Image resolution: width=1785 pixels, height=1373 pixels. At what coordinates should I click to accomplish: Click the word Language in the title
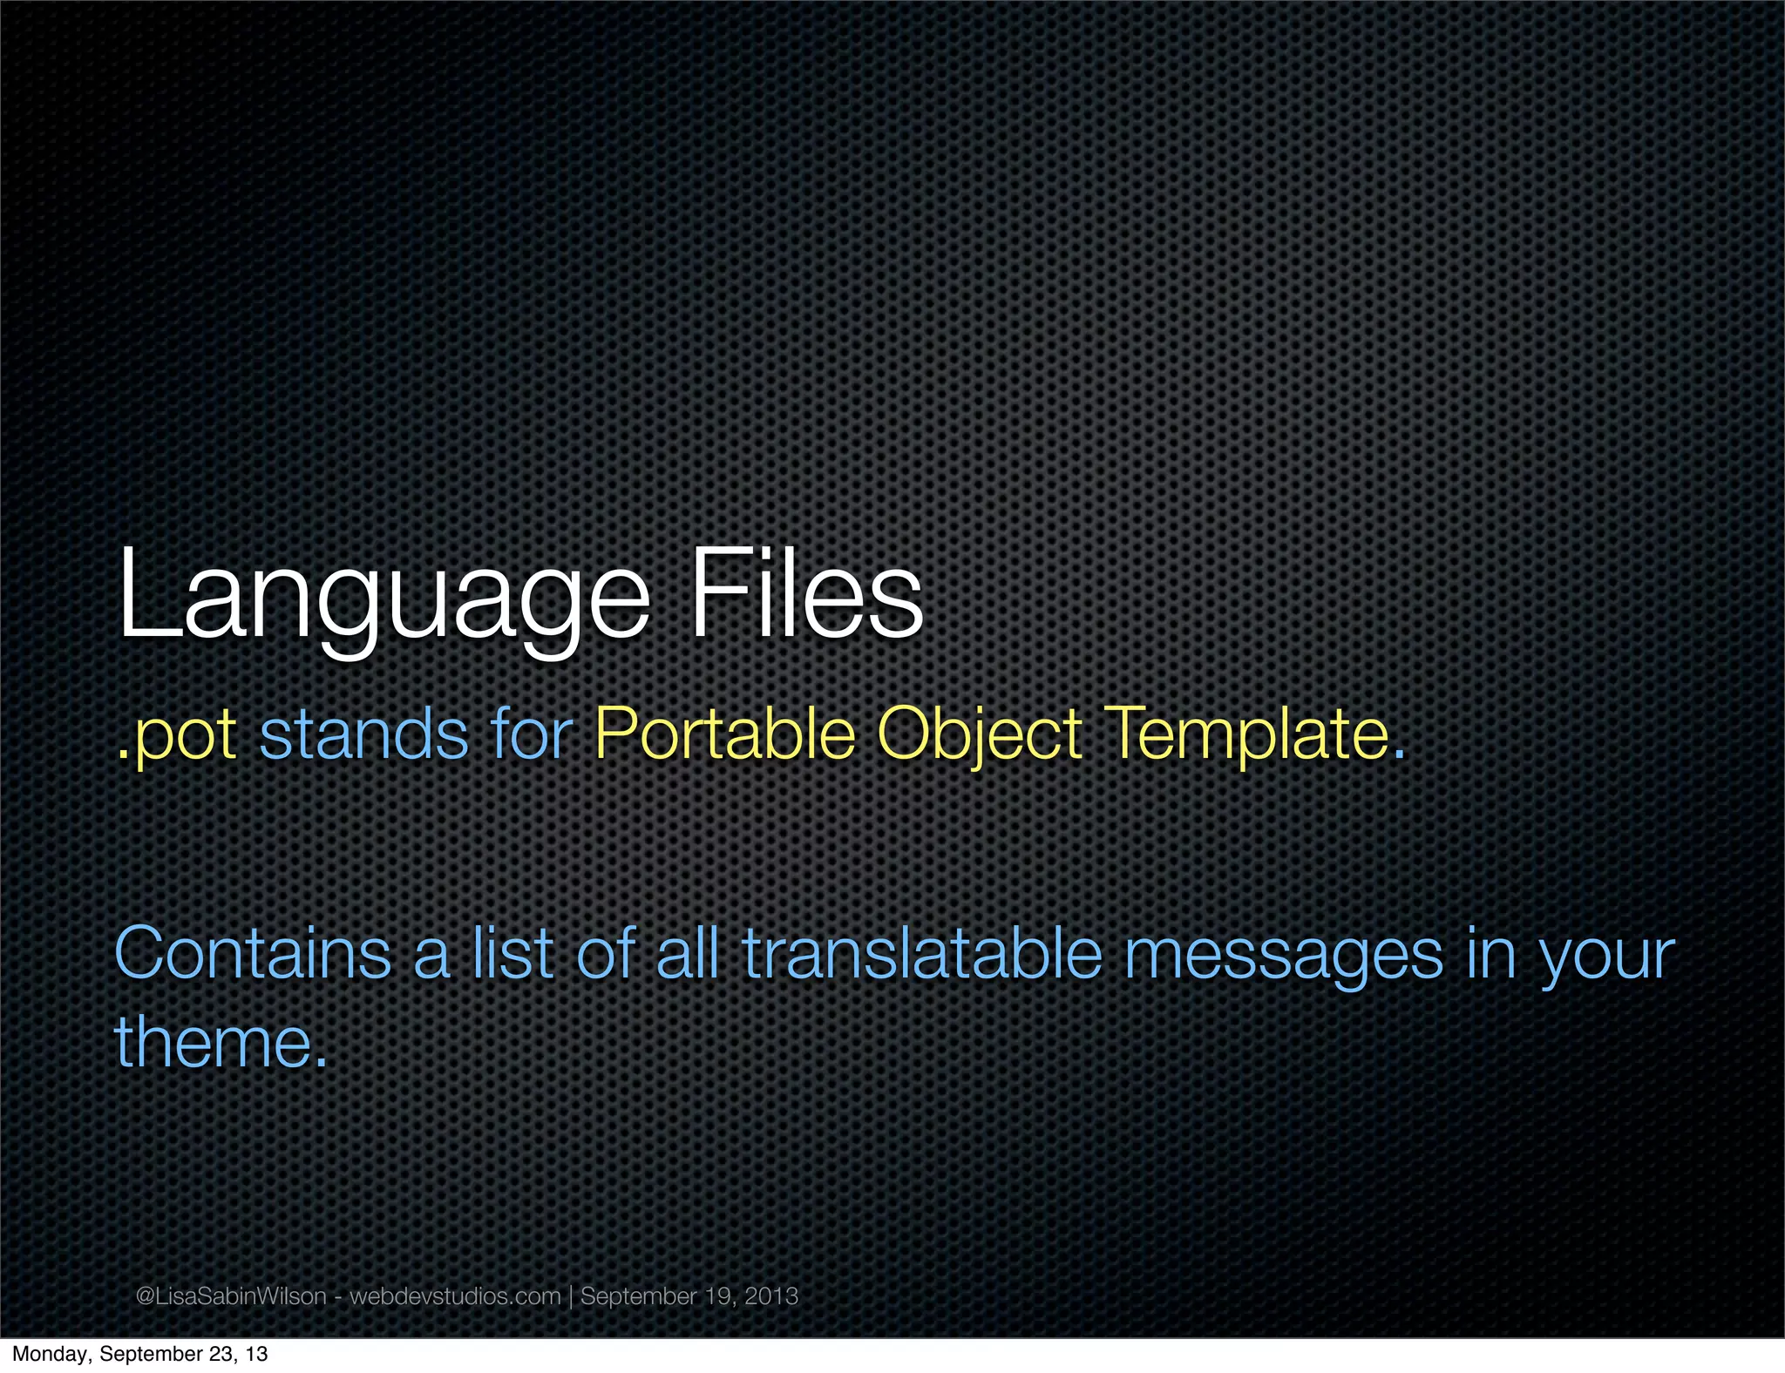point(383,595)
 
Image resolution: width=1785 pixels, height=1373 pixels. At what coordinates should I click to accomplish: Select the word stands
point(364,734)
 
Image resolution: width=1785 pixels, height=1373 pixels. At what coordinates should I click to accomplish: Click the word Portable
point(725,734)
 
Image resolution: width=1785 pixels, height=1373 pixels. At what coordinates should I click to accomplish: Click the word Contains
point(253,954)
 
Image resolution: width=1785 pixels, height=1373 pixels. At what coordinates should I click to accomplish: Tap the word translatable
point(923,954)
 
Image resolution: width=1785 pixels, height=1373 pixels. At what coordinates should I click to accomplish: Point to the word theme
point(214,1042)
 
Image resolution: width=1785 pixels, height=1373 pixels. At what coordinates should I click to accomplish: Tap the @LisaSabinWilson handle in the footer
point(231,1296)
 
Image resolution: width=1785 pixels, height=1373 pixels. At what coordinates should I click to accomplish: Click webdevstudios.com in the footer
point(455,1296)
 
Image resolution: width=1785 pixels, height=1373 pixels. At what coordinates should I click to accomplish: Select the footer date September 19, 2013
point(689,1296)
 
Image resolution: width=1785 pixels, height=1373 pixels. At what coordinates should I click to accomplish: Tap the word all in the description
point(688,954)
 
